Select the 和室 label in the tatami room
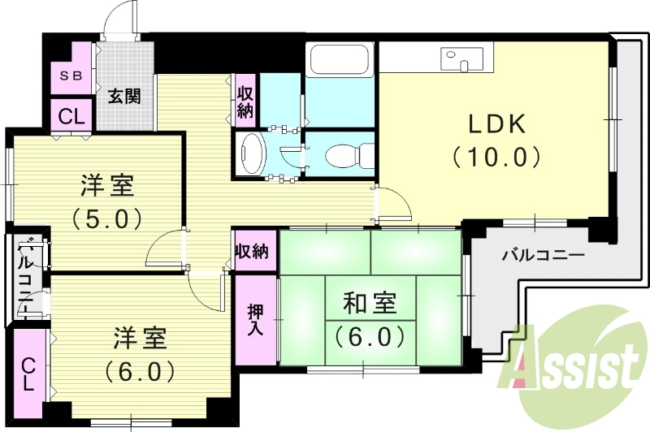[x=370, y=304]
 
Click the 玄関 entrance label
[x=125, y=97]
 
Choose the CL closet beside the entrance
[x=71, y=116]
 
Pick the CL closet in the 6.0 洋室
[x=29, y=374]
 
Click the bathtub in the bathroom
[x=340, y=61]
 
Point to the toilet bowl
[x=349, y=153]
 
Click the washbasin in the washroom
[x=253, y=153]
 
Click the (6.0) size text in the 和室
[x=370, y=334]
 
